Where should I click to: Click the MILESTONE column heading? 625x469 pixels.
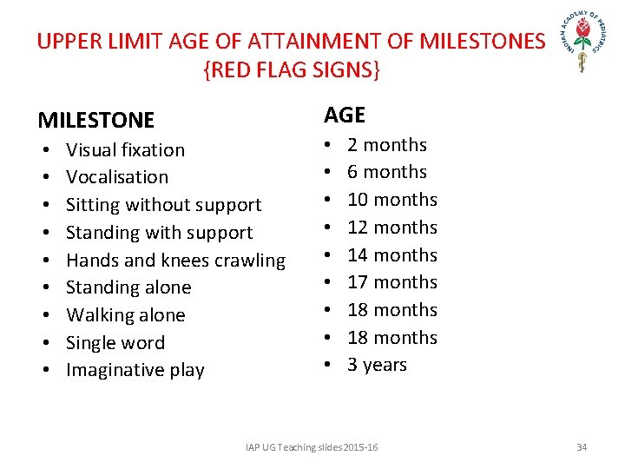95,120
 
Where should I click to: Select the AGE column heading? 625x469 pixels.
345,115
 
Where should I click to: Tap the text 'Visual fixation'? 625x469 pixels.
125,149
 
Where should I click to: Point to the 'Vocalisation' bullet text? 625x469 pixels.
117,177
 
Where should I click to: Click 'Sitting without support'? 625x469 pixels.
163,205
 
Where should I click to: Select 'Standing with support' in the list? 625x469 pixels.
159,233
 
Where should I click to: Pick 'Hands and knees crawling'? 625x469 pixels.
175,261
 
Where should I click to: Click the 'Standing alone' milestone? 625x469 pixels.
128,287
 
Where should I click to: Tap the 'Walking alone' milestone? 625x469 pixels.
125,315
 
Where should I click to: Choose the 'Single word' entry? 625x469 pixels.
115,343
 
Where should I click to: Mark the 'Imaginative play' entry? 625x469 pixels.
135,370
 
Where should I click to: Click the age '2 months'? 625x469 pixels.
386,145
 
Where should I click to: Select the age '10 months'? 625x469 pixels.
391,200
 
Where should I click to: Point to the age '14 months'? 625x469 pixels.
391,255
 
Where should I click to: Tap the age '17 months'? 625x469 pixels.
391,282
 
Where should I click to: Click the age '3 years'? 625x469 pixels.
377,365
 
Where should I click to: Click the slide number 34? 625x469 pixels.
582,447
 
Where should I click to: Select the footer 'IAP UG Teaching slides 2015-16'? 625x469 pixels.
312,447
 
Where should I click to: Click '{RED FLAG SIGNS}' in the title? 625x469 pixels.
291,70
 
